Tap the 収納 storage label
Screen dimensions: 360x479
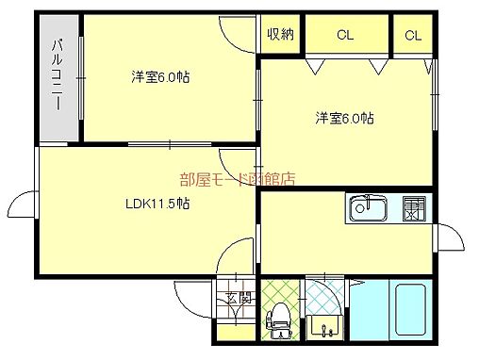pyautogui.click(x=279, y=35)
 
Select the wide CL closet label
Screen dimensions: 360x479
pyautogui.click(x=345, y=36)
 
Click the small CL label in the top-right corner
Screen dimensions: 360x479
pyautogui.click(x=413, y=36)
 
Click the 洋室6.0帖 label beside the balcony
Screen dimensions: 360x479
pyautogui.click(x=160, y=77)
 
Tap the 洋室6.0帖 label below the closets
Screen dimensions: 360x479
pyautogui.click(x=344, y=118)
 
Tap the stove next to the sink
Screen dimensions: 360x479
pyautogui.click(x=413, y=208)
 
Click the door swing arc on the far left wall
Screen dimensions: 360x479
pyautogui.click(x=24, y=205)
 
